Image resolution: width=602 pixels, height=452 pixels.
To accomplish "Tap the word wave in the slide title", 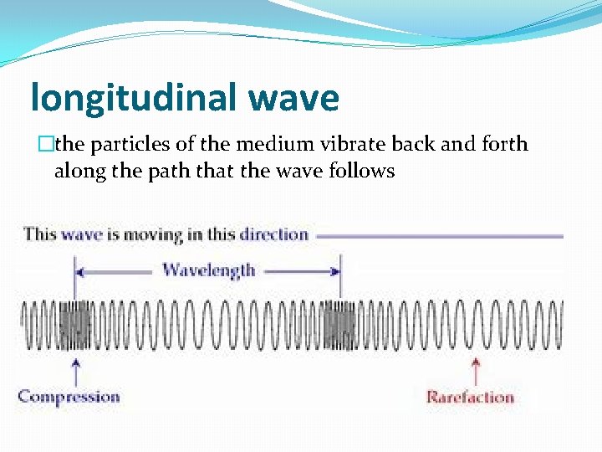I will pyautogui.click(x=293, y=98).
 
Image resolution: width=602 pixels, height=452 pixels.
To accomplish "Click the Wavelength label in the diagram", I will pyautogui.click(x=208, y=270).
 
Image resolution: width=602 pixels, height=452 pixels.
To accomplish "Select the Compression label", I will pyautogui.click(x=69, y=397).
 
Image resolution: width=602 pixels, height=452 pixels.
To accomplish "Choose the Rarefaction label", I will pyautogui.click(x=470, y=397).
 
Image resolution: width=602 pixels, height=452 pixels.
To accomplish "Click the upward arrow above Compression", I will pyautogui.click(x=77, y=370).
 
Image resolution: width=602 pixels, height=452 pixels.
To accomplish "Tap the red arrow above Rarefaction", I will pyautogui.click(x=476, y=370).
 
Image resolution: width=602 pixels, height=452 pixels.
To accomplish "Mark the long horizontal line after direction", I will pyautogui.click(x=440, y=236).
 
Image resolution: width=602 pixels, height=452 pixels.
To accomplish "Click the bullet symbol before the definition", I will pyautogui.click(x=48, y=145).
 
